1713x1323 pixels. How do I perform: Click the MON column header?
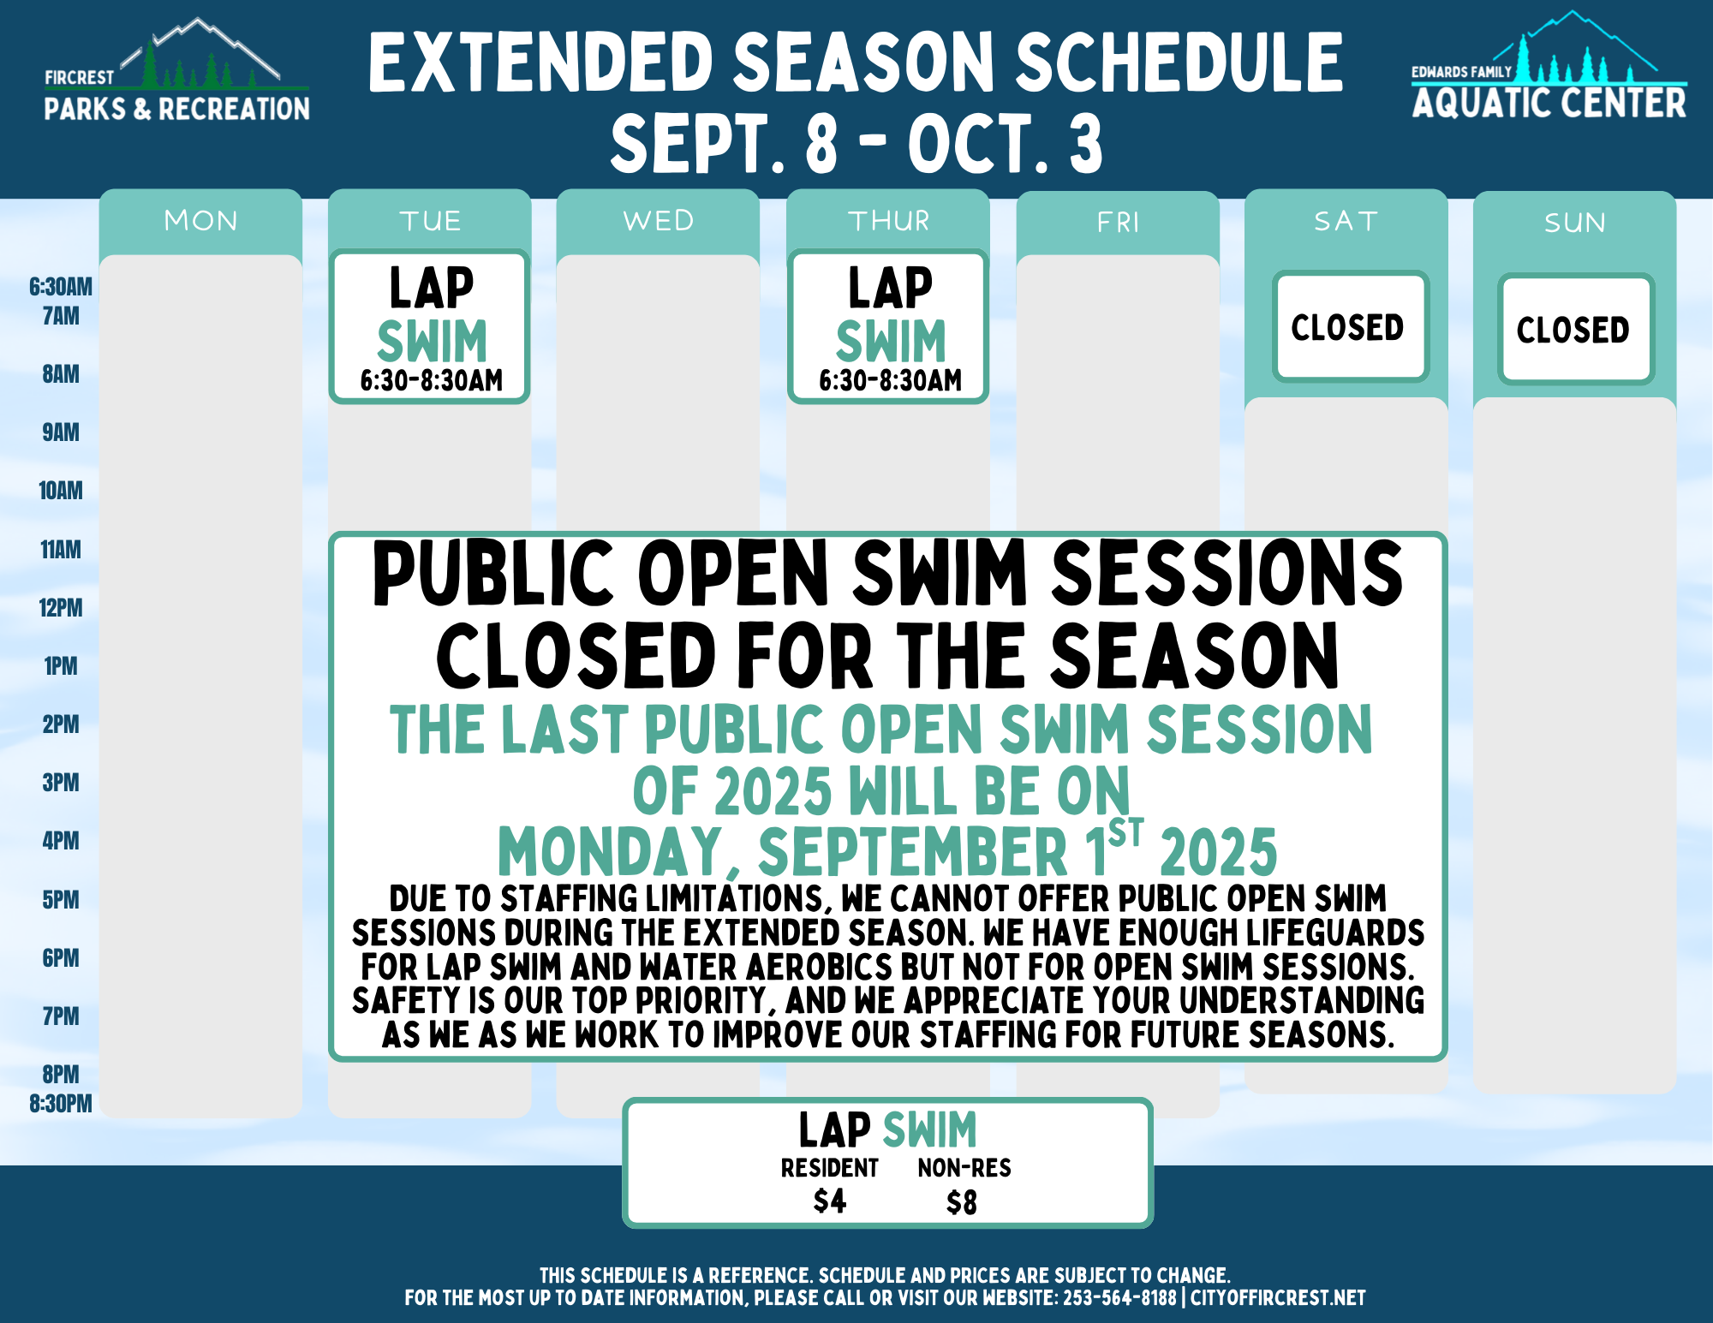(x=200, y=221)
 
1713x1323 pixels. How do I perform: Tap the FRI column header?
(x=1118, y=223)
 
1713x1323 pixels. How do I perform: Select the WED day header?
(x=658, y=221)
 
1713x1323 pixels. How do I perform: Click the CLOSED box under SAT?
(x=1349, y=327)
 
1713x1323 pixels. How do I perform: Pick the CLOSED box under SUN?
(x=1574, y=330)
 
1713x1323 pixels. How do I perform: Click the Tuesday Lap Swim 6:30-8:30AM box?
(x=430, y=327)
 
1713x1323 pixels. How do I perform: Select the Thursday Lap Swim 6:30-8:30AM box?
(x=889, y=327)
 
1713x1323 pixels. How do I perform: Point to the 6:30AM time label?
(x=60, y=287)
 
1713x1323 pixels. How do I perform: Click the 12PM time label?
(x=60, y=608)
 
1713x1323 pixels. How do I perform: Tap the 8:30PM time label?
(x=60, y=1103)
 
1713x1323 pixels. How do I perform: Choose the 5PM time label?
(x=60, y=900)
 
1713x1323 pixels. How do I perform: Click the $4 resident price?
(x=829, y=1201)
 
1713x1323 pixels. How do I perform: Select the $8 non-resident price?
(x=961, y=1203)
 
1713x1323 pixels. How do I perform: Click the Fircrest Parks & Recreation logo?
(x=176, y=73)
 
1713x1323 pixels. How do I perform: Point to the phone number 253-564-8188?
(x=1119, y=1298)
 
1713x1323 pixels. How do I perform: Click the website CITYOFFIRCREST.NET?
(x=1278, y=1298)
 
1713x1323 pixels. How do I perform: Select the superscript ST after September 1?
(x=1125, y=832)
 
